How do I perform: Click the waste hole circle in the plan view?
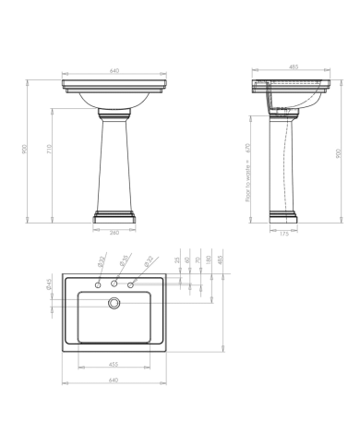coord(114,302)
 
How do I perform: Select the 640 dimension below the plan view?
coord(113,380)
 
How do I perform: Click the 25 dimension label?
coord(175,260)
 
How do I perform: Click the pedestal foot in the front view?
coord(115,218)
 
